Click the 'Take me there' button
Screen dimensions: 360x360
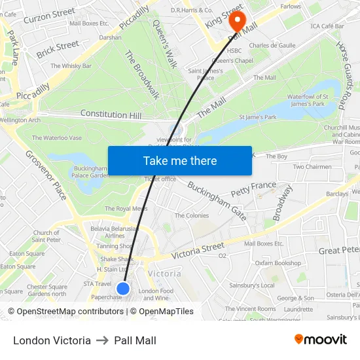(x=180, y=160)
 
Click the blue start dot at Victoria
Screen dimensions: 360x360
(x=123, y=288)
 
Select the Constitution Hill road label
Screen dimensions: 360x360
(x=111, y=115)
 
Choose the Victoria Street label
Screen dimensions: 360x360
(x=198, y=249)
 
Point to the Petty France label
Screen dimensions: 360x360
(x=253, y=189)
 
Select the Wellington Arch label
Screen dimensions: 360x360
(x=20, y=120)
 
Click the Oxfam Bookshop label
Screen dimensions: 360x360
(x=278, y=263)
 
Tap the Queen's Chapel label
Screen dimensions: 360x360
(x=240, y=61)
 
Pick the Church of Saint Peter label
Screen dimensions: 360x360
(x=46, y=236)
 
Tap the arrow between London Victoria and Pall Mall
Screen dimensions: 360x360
(x=102, y=341)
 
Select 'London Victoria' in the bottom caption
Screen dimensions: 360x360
(x=52, y=341)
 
